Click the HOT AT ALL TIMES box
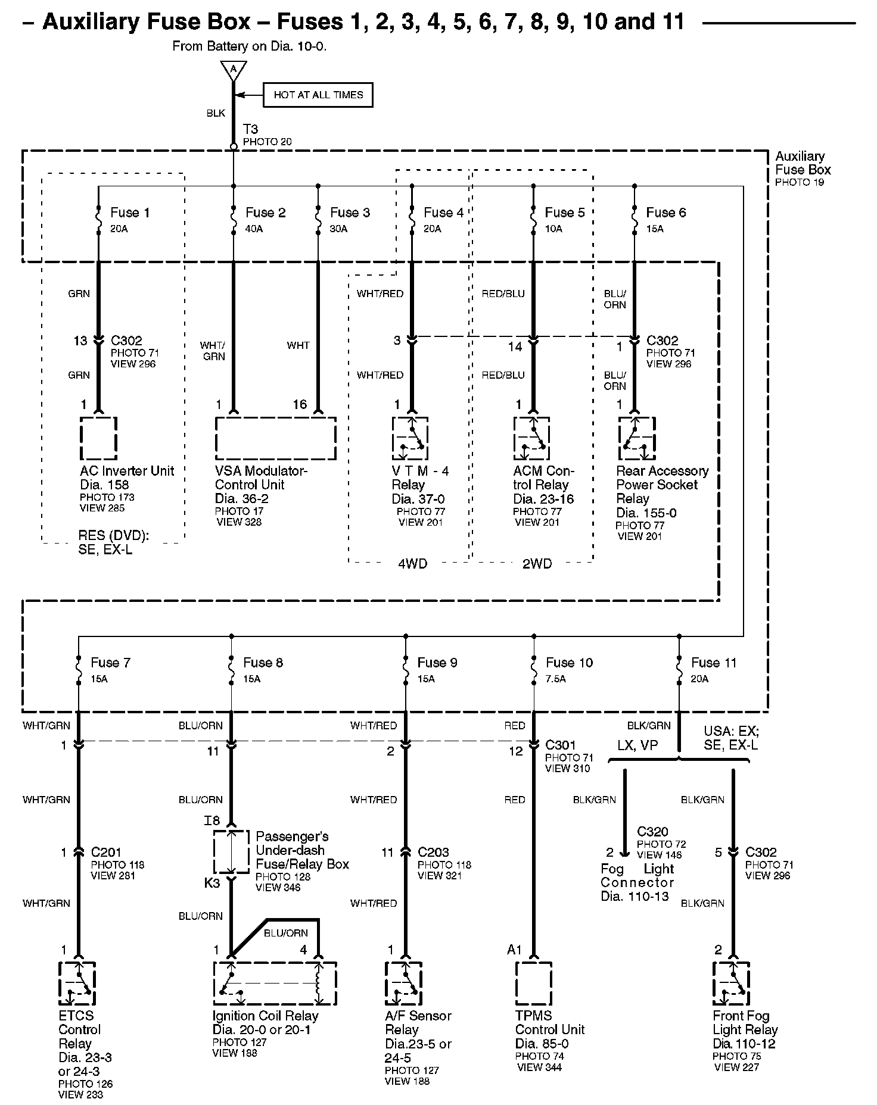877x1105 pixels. tap(318, 95)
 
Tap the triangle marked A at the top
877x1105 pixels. tap(234, 70)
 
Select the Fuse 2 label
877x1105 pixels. tap(266, 213)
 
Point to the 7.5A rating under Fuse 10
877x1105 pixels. tap(556, 679)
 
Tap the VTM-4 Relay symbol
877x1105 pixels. tap(410, 438)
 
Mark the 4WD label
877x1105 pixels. tap(412, 564)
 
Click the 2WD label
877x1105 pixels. tap(537, 564)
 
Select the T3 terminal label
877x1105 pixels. tap(250, 129)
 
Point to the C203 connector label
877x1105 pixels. tap(433, 852)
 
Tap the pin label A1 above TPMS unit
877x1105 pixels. tap(514, 950)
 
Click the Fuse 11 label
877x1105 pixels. tap(714, 663)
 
